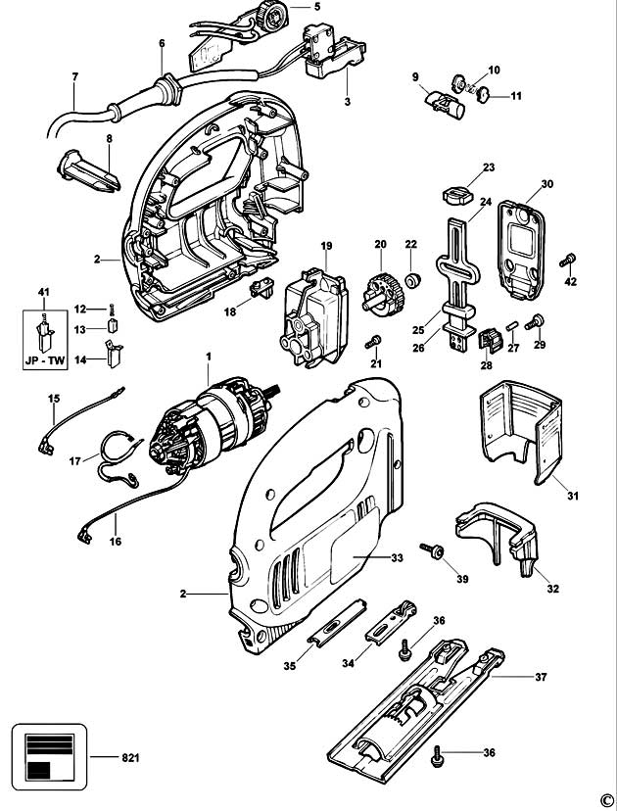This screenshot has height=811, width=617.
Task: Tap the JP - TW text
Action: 42,359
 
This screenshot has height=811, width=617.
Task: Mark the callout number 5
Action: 316,7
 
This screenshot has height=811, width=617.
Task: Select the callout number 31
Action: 572,496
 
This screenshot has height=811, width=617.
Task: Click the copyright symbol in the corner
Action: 605,799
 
